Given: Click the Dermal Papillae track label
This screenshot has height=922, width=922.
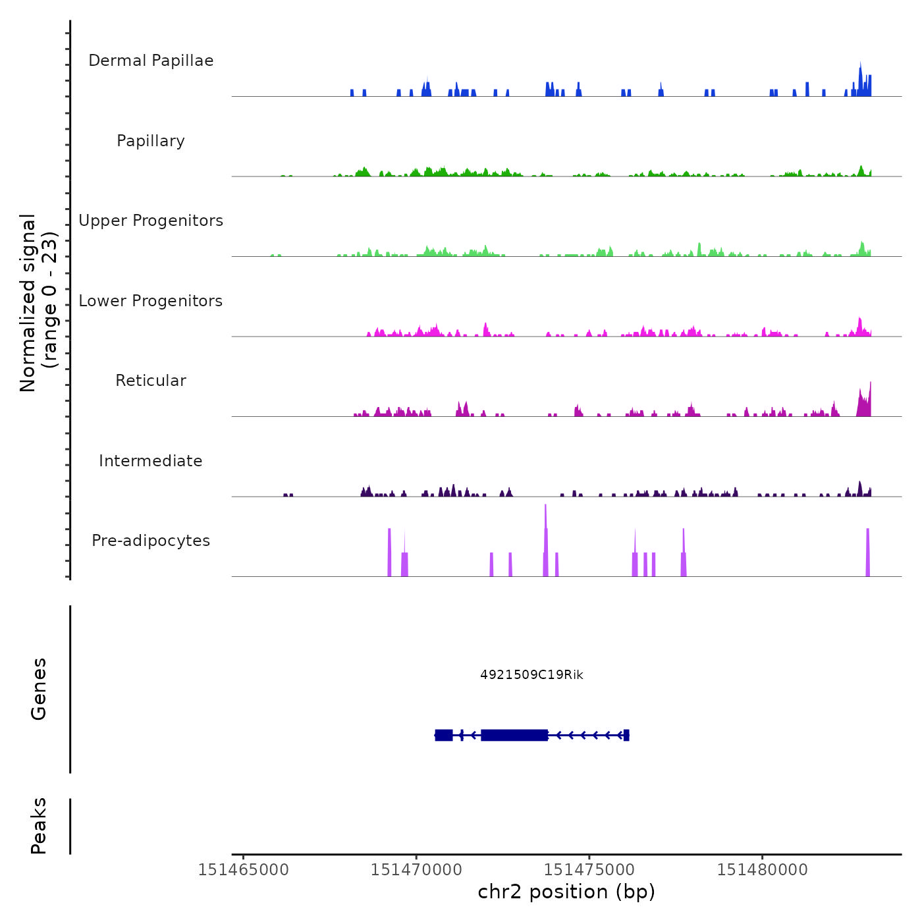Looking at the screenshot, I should (151, 61).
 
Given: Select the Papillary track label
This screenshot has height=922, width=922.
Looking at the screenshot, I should (151, 141).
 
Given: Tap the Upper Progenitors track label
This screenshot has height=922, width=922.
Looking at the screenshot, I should (151, 221).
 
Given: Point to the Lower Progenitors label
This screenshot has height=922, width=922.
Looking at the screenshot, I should (151, 301).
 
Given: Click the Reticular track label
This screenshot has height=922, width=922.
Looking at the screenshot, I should (151, 381).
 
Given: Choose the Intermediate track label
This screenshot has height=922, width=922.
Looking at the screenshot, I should (151, 461).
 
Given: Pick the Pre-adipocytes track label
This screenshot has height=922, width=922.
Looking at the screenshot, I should (151, 541).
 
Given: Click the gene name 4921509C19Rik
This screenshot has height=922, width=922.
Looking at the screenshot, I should (531, 675).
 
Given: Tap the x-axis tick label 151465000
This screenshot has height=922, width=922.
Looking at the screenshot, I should (243, 870).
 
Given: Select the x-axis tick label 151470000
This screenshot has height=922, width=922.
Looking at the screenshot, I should (416, 870).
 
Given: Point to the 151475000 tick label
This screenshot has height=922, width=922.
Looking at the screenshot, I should (589, 870).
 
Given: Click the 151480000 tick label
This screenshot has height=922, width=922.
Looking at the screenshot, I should (763, 870).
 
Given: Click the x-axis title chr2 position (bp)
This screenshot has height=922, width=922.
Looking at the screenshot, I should (566, 892).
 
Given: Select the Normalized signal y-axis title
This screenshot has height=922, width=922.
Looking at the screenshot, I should (38, 302).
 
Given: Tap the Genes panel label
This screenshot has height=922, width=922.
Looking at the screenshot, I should (39, 689).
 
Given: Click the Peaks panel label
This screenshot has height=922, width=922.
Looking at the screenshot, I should (39, 826).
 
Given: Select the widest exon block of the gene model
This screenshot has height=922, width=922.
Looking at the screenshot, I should (514, 735).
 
